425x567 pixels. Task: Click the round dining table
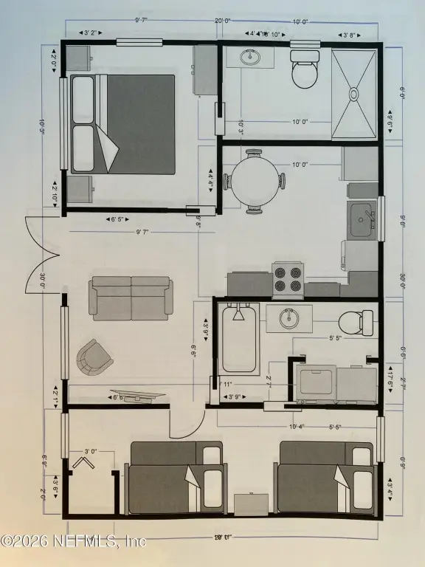[255, 182]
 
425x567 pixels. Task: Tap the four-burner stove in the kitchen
[288, 278]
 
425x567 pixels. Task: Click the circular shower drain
[353, 94]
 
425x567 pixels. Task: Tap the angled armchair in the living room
[95, 357]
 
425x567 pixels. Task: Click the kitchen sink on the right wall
[362, 221]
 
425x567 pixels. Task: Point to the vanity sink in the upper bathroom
[250, 56]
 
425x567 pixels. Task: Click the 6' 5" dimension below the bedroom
[120, 219]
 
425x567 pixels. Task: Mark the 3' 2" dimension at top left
[91, 33]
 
